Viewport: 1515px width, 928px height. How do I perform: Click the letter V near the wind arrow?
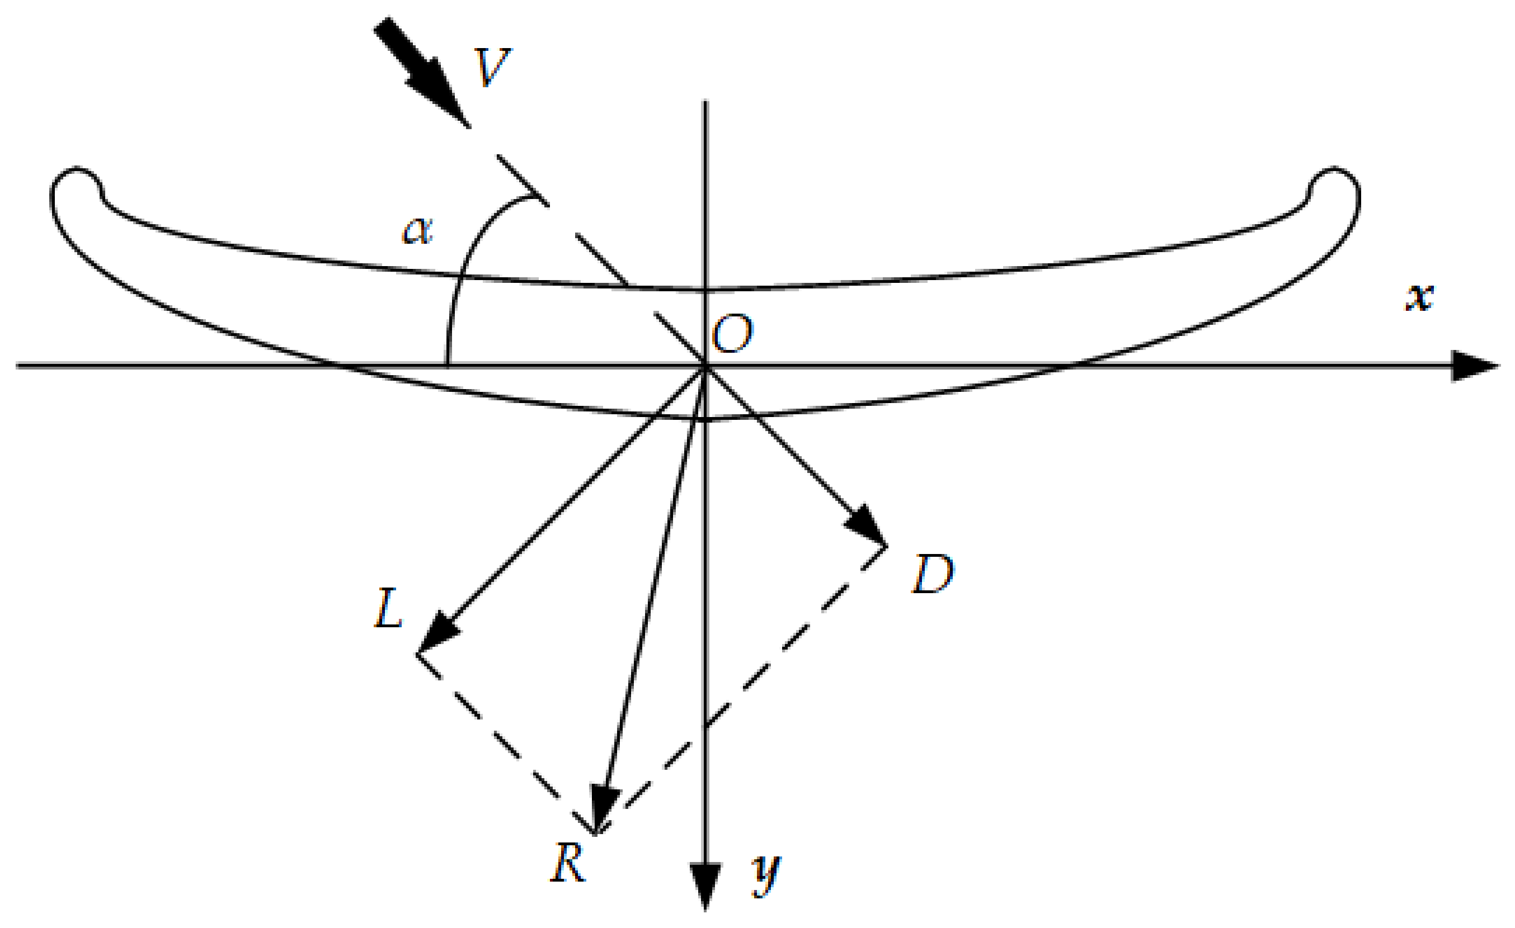(x=492, y=67)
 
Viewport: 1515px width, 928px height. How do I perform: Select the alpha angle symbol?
(x=417, y=231)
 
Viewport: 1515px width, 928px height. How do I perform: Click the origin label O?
(x=732, y=334)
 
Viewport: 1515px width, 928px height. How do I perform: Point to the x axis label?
(x=1420, y=298)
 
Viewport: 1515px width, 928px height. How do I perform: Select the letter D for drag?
(x=932, y=574)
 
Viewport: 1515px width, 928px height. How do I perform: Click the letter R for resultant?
(x=567, y=864)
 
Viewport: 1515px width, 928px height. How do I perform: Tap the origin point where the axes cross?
(x=705, y=366)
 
